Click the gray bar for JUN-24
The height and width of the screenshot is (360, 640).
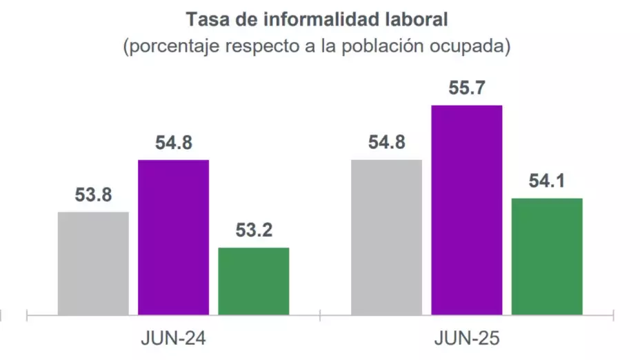pos(93,263)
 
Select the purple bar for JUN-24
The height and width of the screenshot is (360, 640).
pos(173,237)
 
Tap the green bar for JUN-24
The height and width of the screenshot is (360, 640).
pos(253,281)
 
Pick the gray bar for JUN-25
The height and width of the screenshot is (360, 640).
pos(386,237)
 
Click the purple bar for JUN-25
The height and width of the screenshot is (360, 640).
pos(466,210)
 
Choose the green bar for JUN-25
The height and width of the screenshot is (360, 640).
pos(547,257)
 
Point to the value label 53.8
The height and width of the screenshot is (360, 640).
pos(93,195)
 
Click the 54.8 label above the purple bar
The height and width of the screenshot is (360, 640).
pos(173,143)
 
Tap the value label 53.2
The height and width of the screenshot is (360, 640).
pos(253,231)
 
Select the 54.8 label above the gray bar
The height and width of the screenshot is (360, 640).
pos(386,143)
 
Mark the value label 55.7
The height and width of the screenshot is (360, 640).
pos(466,88)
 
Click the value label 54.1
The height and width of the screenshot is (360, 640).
pos(547,181)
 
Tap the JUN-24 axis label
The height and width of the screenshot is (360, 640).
pos(174,339)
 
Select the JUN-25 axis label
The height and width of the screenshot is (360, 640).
pos(467,339)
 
